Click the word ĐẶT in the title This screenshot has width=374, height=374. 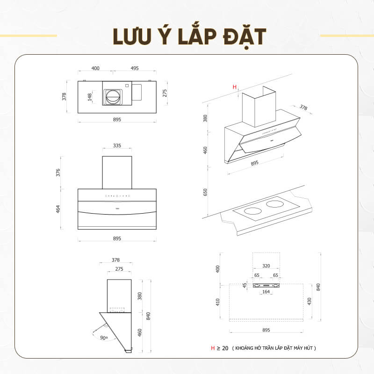tap(245, 37)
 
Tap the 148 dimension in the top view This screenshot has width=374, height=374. tap(90, 97)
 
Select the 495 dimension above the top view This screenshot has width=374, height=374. tap(135, 68)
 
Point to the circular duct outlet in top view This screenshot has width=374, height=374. tap(113, 97)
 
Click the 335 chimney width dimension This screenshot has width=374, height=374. tap(117, 145)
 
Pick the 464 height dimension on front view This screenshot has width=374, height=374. tap(58, 209)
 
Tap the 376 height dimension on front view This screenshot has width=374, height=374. tap(58, 173)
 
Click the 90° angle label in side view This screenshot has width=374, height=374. tap(104, 338)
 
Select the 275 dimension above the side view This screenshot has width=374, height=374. tap(119, 269)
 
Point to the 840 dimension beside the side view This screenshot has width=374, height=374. tap(148, 316)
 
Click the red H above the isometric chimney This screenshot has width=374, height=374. tap(235, 87)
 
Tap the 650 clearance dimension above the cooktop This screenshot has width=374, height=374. tap(205, 192)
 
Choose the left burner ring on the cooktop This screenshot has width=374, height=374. tap(253, 211)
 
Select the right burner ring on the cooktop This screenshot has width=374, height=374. tap(274, 204)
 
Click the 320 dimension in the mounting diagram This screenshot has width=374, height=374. tap(266, 266)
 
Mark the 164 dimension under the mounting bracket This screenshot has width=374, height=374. tap(266, 292)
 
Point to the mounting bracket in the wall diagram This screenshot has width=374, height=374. tap(266, 285)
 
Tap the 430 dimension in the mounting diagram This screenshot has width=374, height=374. tap(309, 302)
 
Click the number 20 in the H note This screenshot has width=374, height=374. tap(225, 348)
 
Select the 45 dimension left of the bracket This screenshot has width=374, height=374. tap(245, 285)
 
